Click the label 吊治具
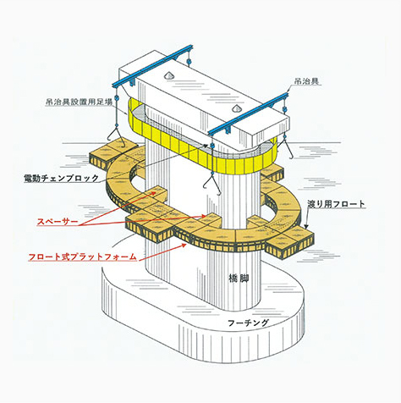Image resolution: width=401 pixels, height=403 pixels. tap(306, 81)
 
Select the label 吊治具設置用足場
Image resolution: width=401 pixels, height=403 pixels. tap(79, 102)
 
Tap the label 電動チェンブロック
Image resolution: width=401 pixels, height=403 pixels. tap(62, 178)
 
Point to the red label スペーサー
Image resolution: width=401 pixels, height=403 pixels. tap(58, 222)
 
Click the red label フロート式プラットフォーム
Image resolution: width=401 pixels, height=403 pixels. tap(82, 257)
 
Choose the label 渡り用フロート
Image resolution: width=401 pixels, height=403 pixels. tap(336, 204)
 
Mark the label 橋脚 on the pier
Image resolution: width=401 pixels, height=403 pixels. tap(239, 279)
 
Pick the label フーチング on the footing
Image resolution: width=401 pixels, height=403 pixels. tap(248, 323)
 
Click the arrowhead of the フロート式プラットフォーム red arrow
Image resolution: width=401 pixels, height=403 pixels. tap(184, 246)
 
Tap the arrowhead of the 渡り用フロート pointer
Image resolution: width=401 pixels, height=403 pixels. tap(306, 225)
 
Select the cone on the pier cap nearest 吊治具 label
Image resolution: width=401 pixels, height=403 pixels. tap(236, 108)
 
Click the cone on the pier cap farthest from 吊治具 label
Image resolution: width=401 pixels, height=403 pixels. tap(168, 75)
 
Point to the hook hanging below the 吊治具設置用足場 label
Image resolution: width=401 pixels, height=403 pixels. tap(116, 137)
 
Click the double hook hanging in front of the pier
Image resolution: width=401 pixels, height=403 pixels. tap(212, 184)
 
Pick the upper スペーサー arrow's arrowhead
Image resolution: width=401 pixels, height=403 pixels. tap(154, 192)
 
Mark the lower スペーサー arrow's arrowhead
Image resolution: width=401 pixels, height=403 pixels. tap(204, 216)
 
